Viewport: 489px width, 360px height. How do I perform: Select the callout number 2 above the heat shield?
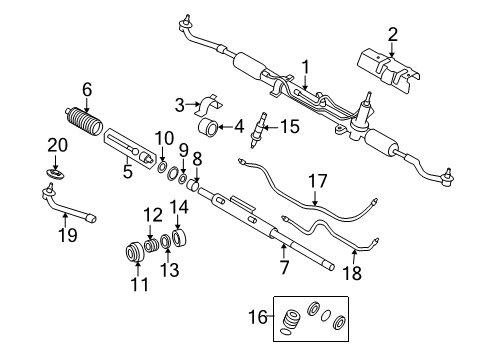393,34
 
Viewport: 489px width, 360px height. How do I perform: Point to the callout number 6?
87,89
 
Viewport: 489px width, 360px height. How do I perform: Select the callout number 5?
127,170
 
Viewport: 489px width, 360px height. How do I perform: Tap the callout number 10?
164,137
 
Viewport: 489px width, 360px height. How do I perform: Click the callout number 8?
196,156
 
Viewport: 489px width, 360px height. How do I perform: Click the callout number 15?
289,126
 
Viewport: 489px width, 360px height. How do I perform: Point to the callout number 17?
317,182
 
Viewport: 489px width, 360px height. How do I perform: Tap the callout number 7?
284,266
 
